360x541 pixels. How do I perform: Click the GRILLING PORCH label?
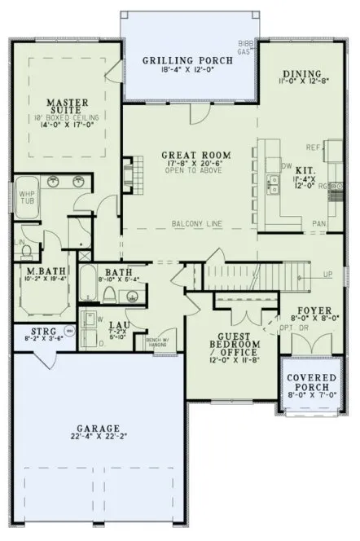(x=189, y=60)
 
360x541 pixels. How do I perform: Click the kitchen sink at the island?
(x=274, y=186)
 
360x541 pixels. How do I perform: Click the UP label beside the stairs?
(x=327, y=274)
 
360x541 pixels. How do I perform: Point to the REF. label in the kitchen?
(x=312, y=149)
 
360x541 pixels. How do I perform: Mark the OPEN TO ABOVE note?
(x=195, y=172)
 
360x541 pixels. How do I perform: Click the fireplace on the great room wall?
(x=130, y=171)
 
